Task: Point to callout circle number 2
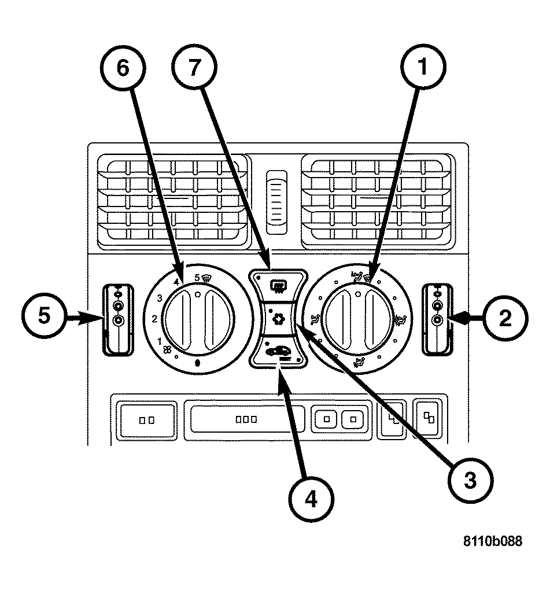click(x=505, y=317)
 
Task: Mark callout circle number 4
click(x=311, y=499)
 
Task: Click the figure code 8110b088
click(x=492, y=542)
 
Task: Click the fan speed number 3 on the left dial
click(x=158, y=298)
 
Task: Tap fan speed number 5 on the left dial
click(x=197, y=278)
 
